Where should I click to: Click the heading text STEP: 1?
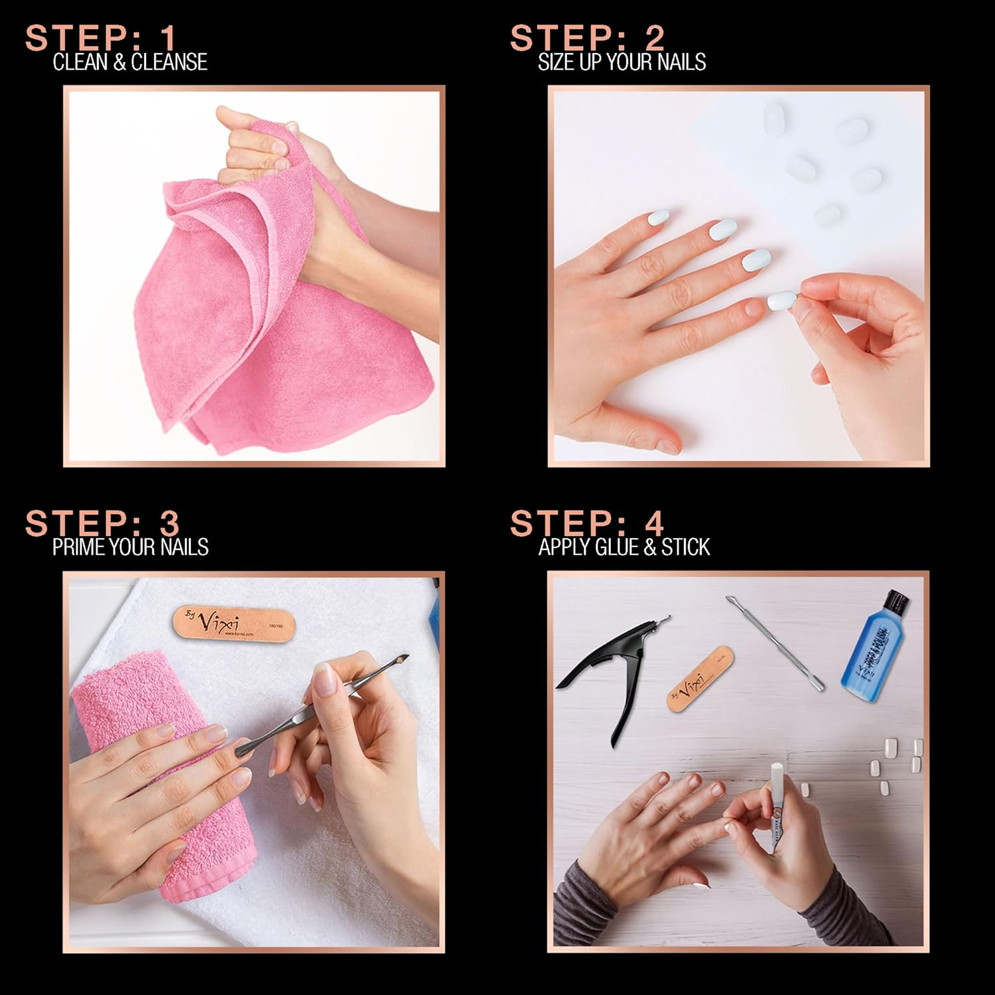[x=101, y=38]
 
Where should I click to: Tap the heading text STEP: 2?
[x=587, y=38]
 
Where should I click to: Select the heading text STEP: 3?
[x=102, y=523]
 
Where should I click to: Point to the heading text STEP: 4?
[x=587, y=523]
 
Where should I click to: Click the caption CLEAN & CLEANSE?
[x=130, y=62]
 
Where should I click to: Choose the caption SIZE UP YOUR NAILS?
[x=622, y=62]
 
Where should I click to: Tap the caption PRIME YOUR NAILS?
[x=131, y=547]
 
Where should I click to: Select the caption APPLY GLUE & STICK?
[x=624, y=547]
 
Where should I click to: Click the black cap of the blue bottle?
[x=895, y=602]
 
